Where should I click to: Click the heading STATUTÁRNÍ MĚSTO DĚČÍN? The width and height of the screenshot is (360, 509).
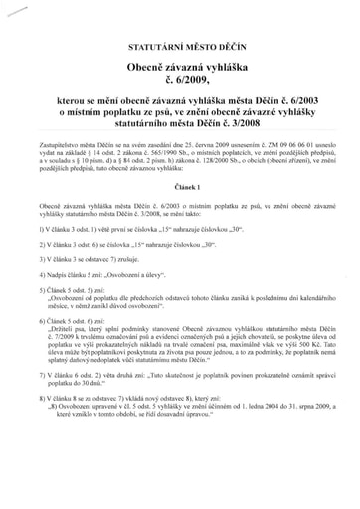tap(179, 47)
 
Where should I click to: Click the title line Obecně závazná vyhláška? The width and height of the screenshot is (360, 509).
tap(179, 65)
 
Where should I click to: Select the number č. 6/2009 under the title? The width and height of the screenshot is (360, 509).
tap(179, 81)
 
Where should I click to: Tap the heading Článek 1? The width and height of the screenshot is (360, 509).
tap(179, 187)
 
